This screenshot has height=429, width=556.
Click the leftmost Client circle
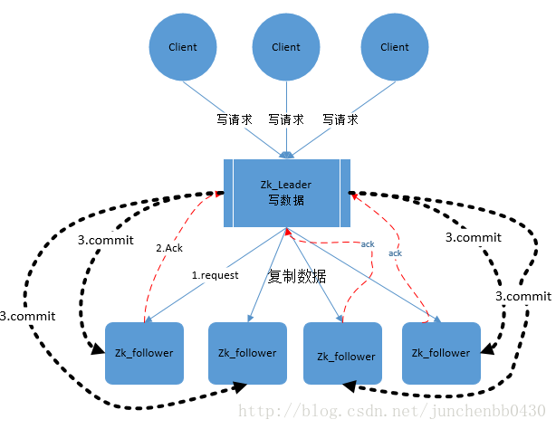click(x=183, y=47)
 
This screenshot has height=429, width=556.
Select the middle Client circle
click(x=286, y=47)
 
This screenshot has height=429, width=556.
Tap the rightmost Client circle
click(x=395, y=47)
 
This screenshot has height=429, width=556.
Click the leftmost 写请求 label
click(x=233, y=119)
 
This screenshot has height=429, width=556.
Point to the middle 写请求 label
click(x=286, y=119)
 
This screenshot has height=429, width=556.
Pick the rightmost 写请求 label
click(x=340, y=119)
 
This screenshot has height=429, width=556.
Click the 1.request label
click(x=214, y=274)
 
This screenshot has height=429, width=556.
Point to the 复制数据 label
click(x=297, y=277)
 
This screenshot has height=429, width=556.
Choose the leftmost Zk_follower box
click(x=145, y=353)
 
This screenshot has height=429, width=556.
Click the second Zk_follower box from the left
click(x=247, y=353)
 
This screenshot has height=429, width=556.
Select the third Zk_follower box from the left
click(x=346, y=355)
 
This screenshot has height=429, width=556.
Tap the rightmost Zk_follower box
click(x=441, y=353)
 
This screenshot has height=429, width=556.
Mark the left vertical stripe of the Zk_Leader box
click(x=229, y=192)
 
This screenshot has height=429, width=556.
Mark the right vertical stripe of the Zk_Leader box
click(x=345, y=192)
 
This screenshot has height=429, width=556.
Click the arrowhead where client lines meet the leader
click(x=286, y=154)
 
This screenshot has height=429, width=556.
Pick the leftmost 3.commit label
click(x=28, y=317)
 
